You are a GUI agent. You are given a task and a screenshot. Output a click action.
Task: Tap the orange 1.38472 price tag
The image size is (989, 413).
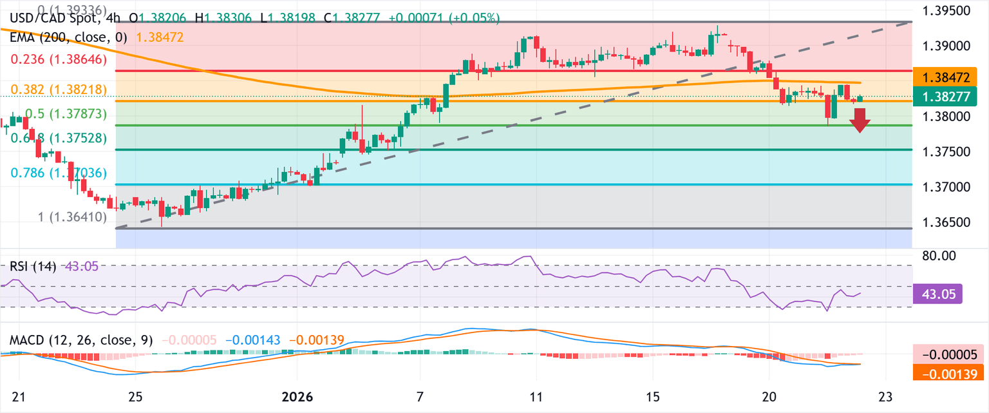point(949,78)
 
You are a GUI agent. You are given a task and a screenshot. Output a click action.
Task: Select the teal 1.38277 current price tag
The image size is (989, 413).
point(949,97)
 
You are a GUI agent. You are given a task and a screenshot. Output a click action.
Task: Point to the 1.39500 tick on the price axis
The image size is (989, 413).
point(949,12)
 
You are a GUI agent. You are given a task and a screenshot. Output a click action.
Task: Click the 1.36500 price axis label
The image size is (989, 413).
point(949,222)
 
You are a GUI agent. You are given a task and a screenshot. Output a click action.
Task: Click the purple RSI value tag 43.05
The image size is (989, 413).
point(937,294)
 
